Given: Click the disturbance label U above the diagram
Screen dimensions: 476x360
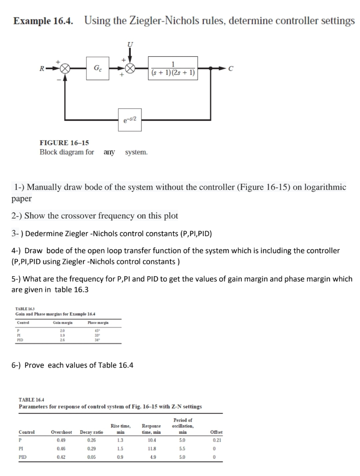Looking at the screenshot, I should [x=130, y=44].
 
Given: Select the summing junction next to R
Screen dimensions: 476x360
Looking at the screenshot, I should [x=65, y=68].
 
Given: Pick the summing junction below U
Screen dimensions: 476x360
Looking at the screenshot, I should [x=130, y=68].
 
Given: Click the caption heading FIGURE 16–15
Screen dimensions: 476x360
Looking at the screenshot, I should [x=64, y=143].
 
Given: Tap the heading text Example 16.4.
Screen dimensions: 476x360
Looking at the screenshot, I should [x=43, y=21].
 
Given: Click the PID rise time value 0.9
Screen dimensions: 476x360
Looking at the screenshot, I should [x=119, y=457].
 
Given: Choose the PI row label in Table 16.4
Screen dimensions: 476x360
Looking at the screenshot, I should [x=21, y=449].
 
